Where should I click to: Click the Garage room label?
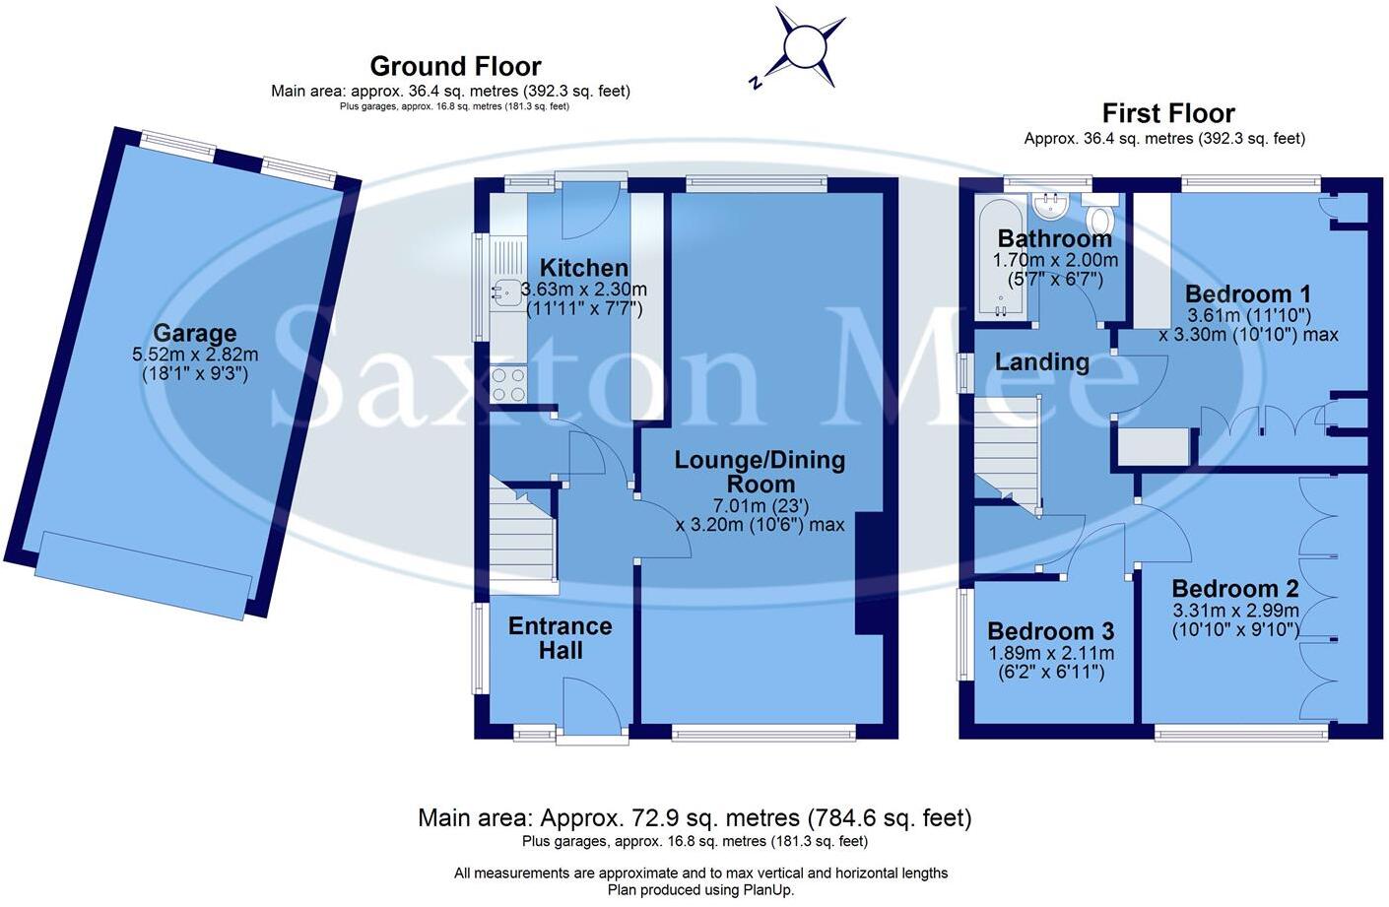click(x=195, y=333)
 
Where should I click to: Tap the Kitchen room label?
click(x=584, y=268)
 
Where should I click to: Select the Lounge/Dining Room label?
click(x=761, y=472)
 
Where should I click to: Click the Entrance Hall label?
click(x=560, y=638)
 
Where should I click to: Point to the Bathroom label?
click(x=1055, y=238)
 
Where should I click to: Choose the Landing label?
click(x=1042, y=362)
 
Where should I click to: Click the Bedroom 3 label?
click(x=1051, y=631)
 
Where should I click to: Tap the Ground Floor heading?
click(x=456, y=66)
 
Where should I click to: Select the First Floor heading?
click(x=1168, y=113)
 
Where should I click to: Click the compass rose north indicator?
click(x=756, y=83)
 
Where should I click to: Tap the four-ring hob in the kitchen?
click(x=508, y=384)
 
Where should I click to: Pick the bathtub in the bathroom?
click(x=1000, y=258)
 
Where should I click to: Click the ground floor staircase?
click(x=523, y=533)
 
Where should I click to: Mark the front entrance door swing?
click(x=592, y=705)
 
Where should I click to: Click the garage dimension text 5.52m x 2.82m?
click(x=195, y=356)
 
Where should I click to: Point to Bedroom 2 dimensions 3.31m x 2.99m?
click(x=1234, y=611)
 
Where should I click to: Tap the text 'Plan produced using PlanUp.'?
click(x=700, y=890)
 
